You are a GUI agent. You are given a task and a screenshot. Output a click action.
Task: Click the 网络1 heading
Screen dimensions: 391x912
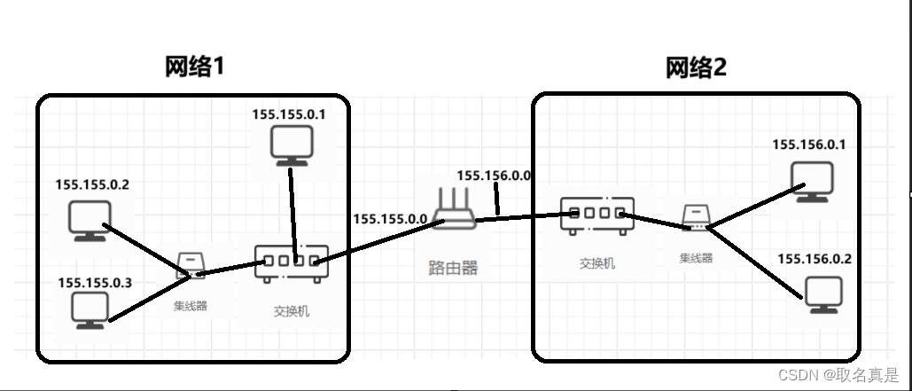click(194, 67)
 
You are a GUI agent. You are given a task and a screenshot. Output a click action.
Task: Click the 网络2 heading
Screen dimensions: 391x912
click(696, 67)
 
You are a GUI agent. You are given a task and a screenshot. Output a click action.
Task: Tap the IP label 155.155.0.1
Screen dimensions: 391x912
click(289, 114)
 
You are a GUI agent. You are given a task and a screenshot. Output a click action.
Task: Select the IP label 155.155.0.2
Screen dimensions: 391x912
click(92, 185)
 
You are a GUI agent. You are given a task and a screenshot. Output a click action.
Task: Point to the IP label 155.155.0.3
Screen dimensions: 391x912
click(95, 282)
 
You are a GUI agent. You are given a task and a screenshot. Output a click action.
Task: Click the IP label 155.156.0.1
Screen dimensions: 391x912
click(809, 145)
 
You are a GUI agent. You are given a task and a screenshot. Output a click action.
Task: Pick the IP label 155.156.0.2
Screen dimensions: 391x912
click(815, 258)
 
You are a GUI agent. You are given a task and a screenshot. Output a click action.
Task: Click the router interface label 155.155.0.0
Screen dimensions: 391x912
click(391, 218)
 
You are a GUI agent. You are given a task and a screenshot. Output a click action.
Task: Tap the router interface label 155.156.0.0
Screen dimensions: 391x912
click(494, 176)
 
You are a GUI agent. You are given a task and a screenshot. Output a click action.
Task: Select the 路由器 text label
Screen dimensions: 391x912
click(453, 268)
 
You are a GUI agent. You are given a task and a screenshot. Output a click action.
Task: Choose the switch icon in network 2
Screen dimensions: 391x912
click(596, 215)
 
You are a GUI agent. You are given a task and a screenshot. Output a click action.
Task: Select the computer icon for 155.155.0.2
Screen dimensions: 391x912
click(89, 221)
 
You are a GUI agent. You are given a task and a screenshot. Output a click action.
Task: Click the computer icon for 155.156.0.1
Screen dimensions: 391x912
click(814, 181)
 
